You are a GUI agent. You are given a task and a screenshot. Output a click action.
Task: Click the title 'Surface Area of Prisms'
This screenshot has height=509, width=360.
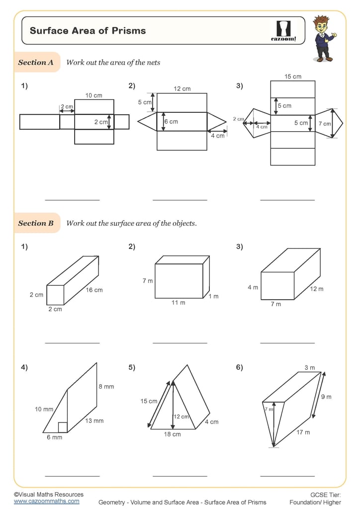88,31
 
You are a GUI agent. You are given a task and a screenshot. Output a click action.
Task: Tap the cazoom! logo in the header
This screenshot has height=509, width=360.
283,31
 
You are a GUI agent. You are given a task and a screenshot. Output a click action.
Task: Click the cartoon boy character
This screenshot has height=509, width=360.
323,38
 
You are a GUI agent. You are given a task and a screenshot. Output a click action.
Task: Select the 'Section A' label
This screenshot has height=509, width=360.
36,63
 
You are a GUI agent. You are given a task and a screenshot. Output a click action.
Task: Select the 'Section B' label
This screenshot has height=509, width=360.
36,223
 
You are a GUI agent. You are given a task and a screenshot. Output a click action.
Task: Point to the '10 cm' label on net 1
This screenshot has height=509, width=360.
94,95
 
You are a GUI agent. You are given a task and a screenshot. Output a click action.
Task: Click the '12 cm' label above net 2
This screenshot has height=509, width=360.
182,89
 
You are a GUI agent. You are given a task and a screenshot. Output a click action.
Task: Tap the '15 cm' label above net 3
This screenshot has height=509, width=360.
293,77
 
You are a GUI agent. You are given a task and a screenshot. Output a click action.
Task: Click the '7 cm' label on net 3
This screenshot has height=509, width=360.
324,123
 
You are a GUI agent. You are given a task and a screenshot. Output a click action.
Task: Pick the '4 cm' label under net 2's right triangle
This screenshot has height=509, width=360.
217,136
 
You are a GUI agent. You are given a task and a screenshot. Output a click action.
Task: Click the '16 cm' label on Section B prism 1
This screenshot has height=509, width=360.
94,290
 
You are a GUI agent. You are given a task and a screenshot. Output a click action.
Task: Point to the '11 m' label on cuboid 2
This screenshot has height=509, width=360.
179,303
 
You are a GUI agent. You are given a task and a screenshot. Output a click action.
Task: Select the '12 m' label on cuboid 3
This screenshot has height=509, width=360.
317,289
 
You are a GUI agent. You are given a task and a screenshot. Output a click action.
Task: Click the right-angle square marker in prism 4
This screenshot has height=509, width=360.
62,427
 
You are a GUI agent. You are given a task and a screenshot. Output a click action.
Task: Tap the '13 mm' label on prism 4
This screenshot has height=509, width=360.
94,421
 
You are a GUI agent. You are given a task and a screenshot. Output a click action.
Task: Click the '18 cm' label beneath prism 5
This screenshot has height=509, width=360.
173,434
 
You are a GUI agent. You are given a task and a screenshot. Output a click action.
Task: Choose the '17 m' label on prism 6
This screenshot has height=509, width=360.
303,432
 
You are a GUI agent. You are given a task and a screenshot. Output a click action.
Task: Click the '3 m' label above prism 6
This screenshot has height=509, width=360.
309,368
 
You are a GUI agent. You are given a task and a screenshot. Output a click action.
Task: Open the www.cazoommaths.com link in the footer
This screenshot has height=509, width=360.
46,502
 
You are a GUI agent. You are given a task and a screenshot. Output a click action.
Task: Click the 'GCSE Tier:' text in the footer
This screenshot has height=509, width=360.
325,495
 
